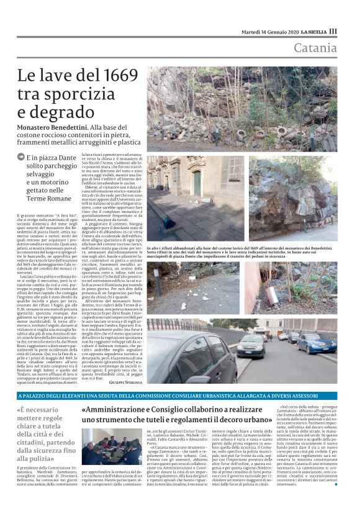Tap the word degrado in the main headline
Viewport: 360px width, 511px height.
pos(62,112)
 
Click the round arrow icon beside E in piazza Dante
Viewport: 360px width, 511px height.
pos(22,157)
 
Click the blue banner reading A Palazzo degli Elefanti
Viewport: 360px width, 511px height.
pos(180,396)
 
